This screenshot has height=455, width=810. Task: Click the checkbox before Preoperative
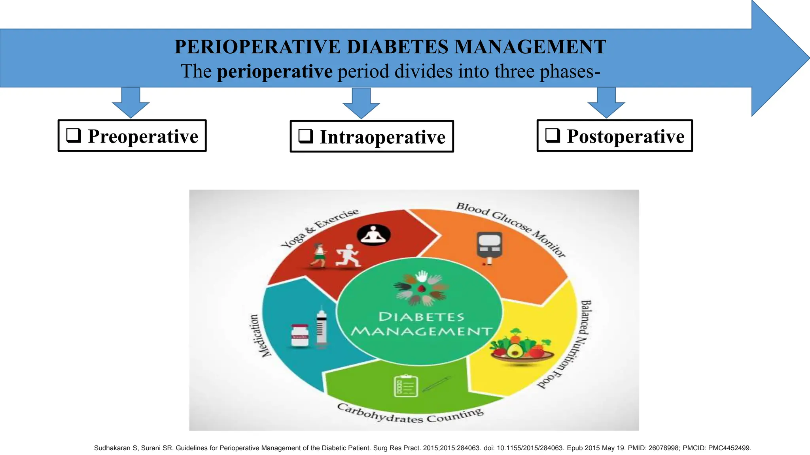(x=74, y=135)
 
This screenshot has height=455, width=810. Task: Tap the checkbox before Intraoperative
(x=306, y=136)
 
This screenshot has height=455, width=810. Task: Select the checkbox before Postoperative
(x=553, y=135)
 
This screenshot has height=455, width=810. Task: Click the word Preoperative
(x=143, y=136)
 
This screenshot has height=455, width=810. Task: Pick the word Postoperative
(x=625, y=136)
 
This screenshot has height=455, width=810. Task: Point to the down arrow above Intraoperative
(x=361, y=103)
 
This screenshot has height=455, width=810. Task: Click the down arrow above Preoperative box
(x=131, y=103)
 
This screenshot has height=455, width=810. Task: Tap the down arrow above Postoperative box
(x=606, y=103)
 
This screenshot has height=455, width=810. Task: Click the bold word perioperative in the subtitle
(x=274, y=71)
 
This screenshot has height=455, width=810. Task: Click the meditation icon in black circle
(x=373, y=235)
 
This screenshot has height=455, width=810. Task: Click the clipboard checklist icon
(x=406, y=386)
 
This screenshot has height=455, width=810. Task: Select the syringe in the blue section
(x=322, y=327)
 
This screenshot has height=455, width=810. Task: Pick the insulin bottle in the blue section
(x=299, y=336)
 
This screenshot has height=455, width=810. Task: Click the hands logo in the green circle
(x=422, y=288)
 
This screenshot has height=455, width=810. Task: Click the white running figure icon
(x=347, y=256)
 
